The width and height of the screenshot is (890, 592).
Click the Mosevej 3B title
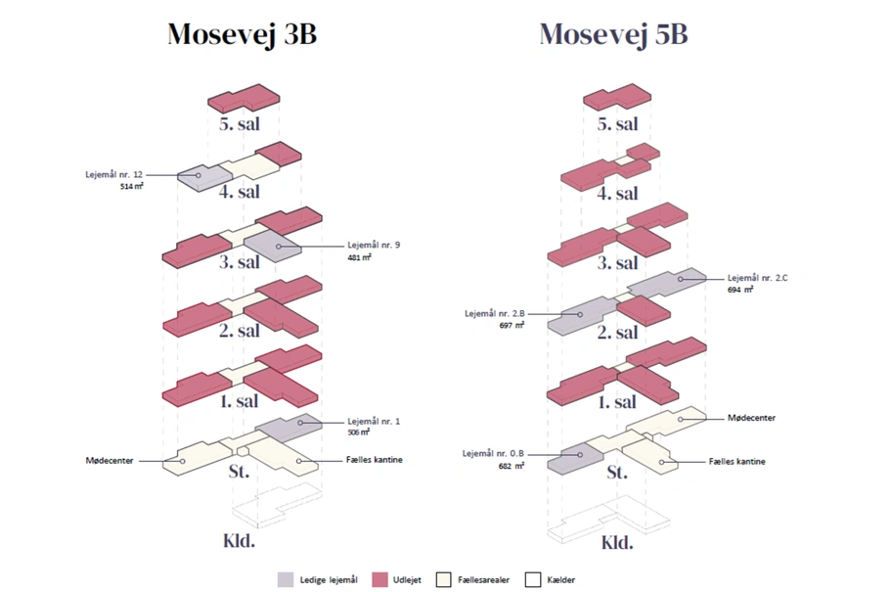(243, 34)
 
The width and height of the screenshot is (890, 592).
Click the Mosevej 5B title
(613, 34)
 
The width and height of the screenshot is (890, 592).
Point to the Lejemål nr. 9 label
(374, 246)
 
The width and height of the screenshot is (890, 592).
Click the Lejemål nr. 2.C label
(757, 278)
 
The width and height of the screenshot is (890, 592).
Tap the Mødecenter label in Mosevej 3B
(111, 459)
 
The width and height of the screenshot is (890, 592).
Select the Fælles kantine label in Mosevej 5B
(736, 461)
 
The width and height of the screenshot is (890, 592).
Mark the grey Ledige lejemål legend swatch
(286, 579)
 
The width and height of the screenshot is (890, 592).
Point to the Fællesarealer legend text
(483, 580)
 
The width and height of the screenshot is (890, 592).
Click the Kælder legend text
(562, 580)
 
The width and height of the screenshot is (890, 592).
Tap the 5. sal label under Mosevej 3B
(241, 124)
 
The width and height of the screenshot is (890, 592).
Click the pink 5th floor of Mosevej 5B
(617, 98)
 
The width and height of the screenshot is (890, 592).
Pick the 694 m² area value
(740, 290)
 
